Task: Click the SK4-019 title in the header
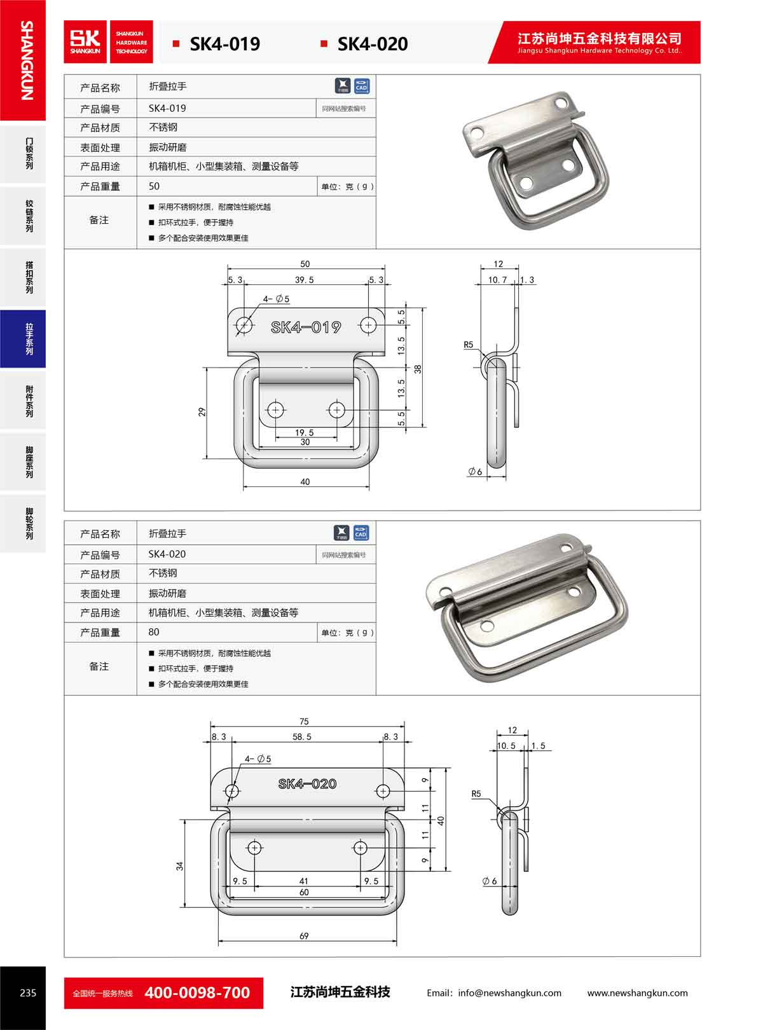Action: (224, 44)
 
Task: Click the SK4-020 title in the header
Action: (373, 44)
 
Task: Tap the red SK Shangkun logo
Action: (85, 41)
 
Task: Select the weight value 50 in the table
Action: (154, 186)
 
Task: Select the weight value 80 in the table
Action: (154, 632)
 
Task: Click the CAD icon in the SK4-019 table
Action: (361, 86)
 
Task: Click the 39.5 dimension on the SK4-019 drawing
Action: (304, 280)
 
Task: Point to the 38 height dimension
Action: (418, 369)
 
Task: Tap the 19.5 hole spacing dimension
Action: (305, 432)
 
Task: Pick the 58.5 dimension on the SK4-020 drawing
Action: (302, 736)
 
